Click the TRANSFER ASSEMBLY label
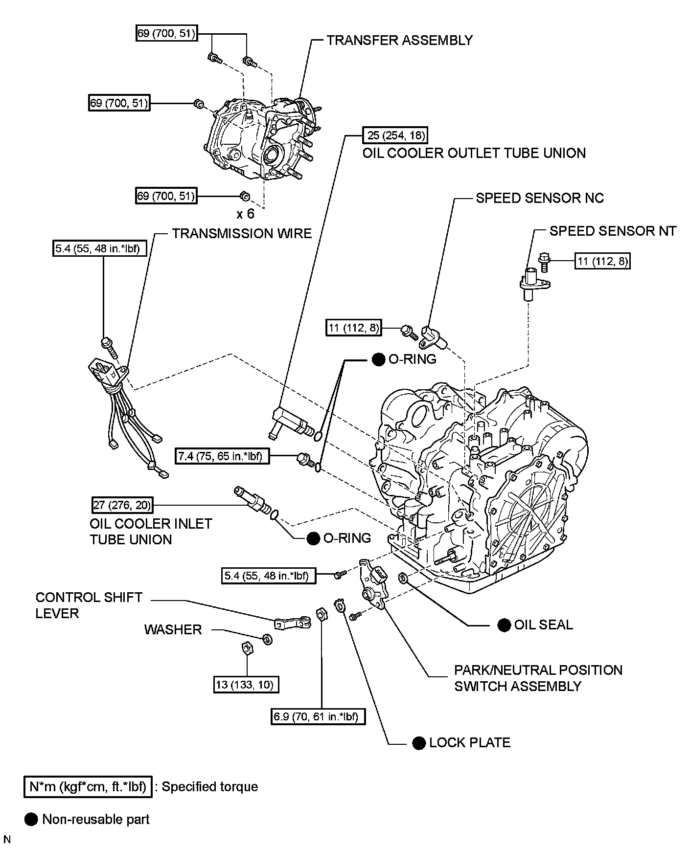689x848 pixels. click(399, 40)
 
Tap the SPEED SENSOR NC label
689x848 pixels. click(540, 198)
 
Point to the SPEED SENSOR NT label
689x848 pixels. click(613, 231)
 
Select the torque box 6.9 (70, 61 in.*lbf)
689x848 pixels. click(319, 717)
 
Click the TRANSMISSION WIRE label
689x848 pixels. click(242, 233)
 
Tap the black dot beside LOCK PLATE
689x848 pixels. click(418, 743)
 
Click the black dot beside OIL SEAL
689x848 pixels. click(504, 625)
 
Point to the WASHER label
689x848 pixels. click(173, 629)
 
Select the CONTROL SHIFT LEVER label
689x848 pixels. click(89, 605)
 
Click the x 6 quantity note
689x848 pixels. click(245, 214)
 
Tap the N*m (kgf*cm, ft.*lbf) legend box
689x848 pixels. click(88, 787)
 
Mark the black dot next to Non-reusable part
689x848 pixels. click(31, 820)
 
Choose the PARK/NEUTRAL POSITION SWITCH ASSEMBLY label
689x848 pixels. click(538, 678)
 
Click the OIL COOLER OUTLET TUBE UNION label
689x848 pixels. click(474, 153)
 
